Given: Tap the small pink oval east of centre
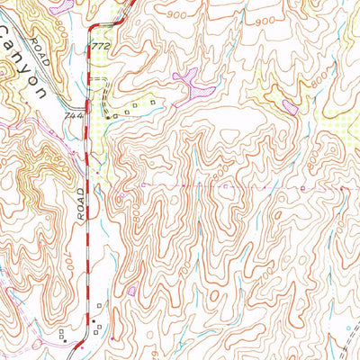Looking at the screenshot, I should coord(291,107).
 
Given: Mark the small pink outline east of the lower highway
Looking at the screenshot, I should coord(132,291).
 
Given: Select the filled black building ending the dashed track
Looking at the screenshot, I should coord(110,116).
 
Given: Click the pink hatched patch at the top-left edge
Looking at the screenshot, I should coord(61,4).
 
